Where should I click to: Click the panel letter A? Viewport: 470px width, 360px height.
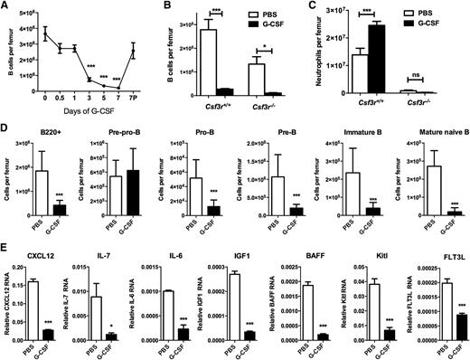6,6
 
